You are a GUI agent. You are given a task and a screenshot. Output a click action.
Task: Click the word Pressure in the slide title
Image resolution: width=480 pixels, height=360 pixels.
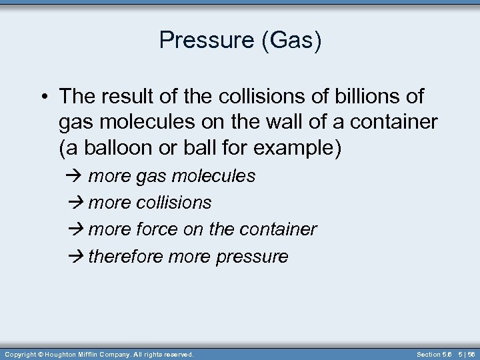[205, 41]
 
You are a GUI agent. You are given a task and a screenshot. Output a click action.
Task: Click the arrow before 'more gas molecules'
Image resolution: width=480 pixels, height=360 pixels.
[73, 177]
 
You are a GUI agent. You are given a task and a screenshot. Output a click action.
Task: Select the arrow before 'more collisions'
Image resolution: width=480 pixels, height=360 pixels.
[73, 203]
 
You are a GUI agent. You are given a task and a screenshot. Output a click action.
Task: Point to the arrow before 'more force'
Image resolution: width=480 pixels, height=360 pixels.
[73, 230]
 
